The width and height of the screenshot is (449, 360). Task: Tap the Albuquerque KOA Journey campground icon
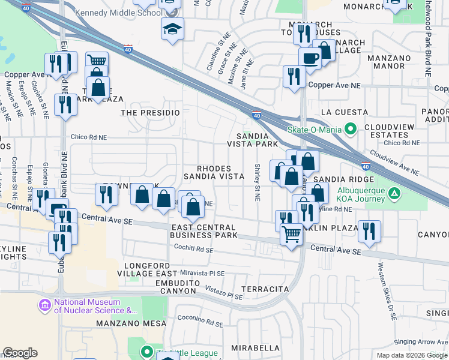click(394, 193)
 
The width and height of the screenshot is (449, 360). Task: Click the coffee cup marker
click(310, 58)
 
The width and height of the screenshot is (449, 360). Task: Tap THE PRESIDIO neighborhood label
click(150, 112)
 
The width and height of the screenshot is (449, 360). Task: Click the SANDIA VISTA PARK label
click(252, 140)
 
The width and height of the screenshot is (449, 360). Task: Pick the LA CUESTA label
click(345, 112)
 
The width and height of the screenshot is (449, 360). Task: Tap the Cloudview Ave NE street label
click(394, 162)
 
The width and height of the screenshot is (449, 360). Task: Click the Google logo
click(20, 353)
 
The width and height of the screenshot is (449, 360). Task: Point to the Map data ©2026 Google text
click(411, 355)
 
